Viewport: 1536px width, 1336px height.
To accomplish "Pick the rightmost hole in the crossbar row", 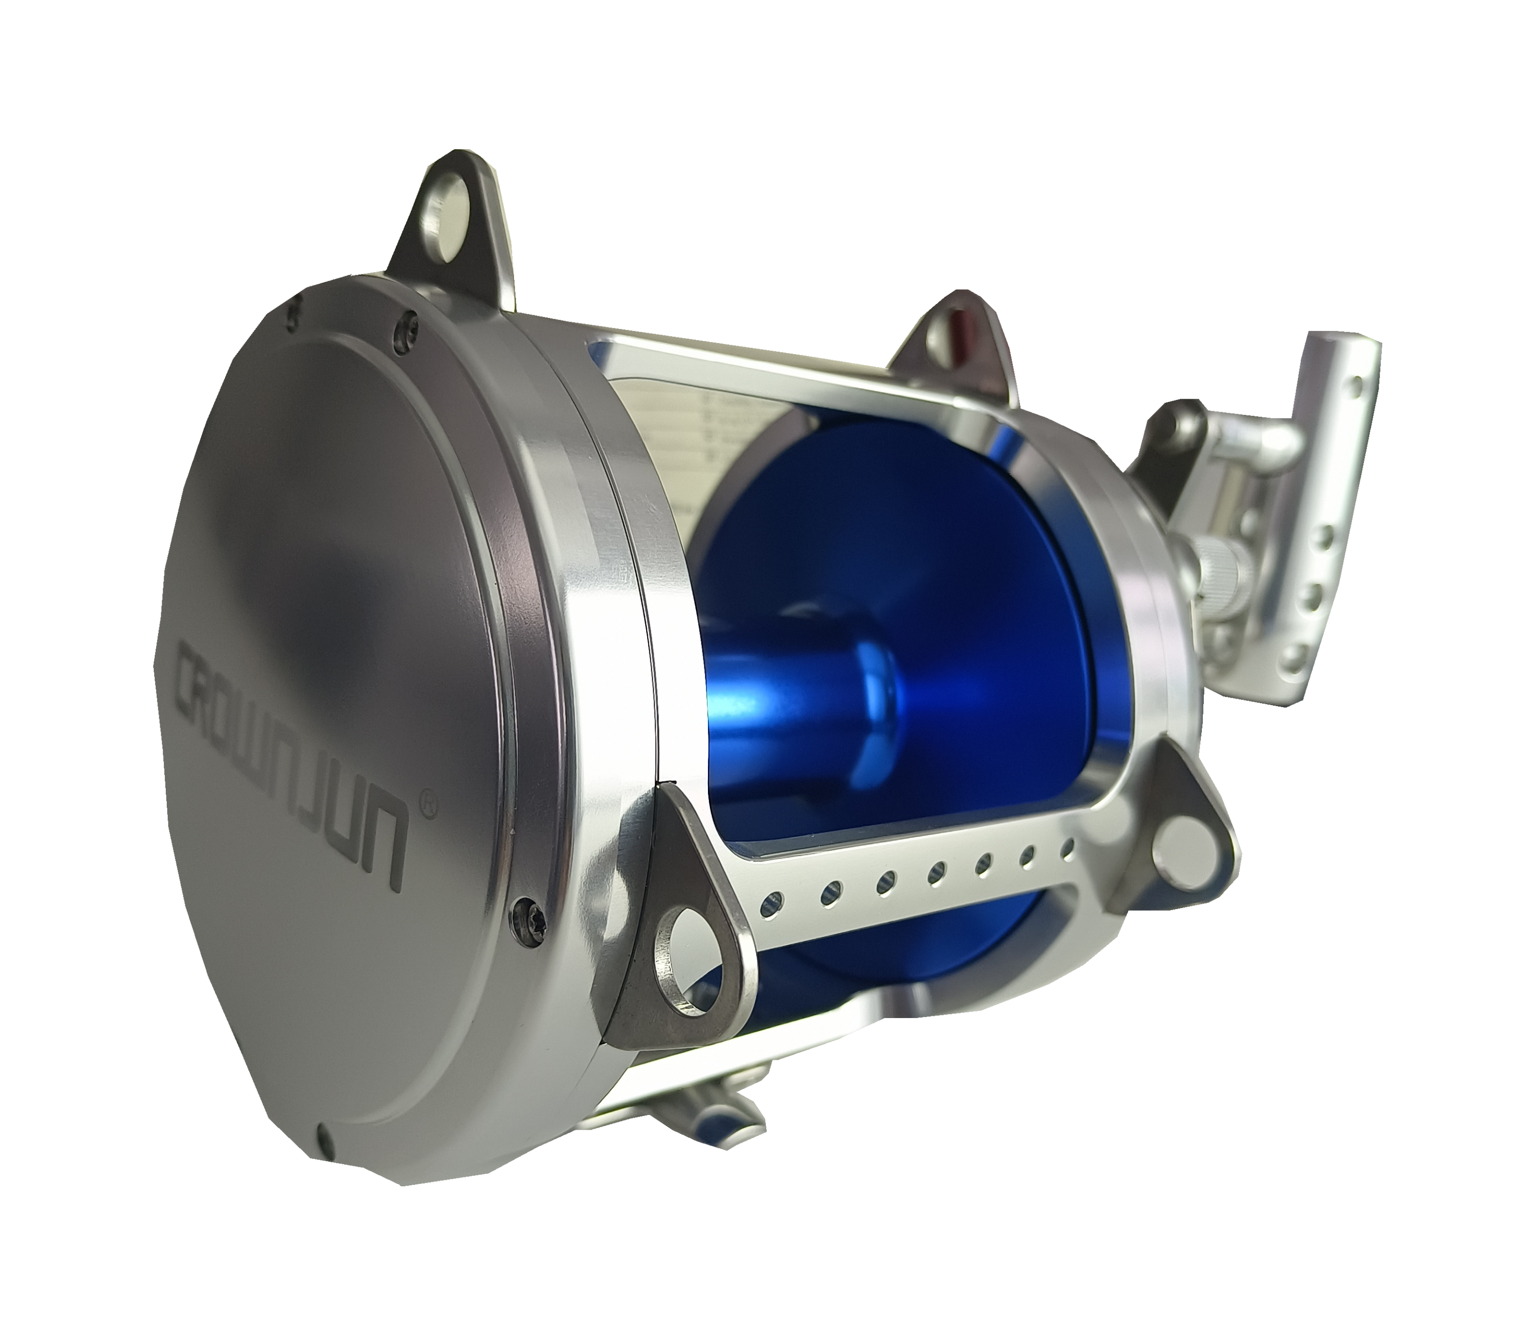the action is [1067, 847].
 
